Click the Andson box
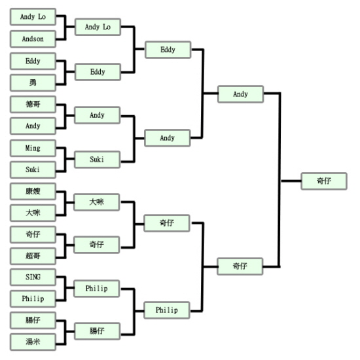click(x=33, y=39)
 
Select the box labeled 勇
click(x=33, y=82)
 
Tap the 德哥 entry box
click(x=33, y=104)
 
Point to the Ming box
click(x=33, y=148)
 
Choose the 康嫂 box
click(x=33, y=191)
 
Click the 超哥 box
click(x=33, y=256)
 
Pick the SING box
click(x=33, y=277)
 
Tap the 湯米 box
click(x=33, y=342)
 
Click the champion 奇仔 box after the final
click(x=324, y=181)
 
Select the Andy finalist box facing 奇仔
click(x=240, y=94)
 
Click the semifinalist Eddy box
click(x=168, y=50)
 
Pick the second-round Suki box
click(x=97, y=159)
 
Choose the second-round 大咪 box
click(x=97, y=202)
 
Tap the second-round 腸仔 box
click(x=97, y=331)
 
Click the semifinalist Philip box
click(x=167, y=310)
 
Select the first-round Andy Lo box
click(x=33, y=16)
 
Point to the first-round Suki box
click(x=33, y=170)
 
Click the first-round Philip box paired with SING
click(x=33, y=298)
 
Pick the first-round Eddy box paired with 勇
click(x=33, y=61)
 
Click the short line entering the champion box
click(x=291, y=181)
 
